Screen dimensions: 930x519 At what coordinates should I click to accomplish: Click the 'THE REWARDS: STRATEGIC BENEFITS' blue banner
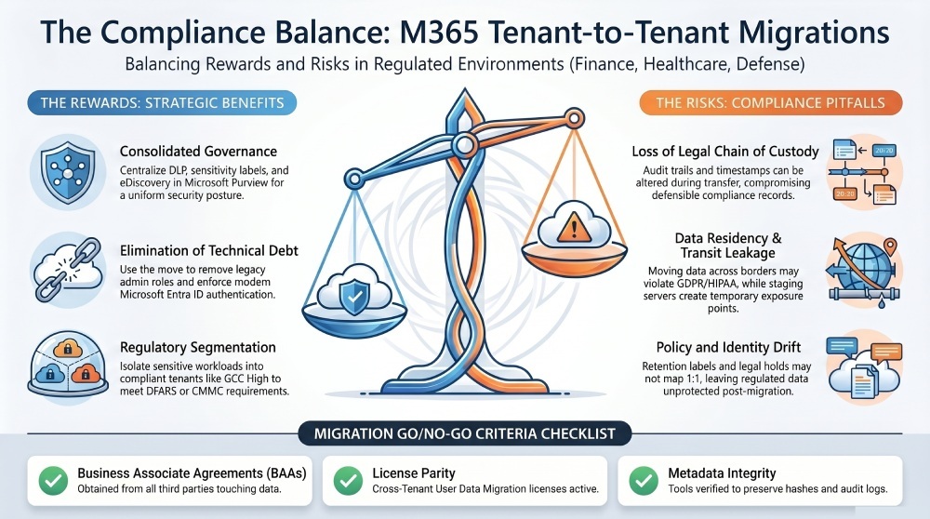[162, 102]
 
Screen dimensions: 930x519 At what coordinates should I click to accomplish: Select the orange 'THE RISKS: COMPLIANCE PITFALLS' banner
[770, 102]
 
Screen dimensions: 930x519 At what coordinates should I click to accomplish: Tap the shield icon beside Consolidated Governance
[68, 171]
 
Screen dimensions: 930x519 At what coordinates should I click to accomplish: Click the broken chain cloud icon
[68, 270]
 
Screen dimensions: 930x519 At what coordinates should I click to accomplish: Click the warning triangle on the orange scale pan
[573, 227]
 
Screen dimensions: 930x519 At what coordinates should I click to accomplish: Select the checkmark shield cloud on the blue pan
[354, 295]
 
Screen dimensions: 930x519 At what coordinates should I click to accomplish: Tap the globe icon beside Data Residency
[864, 271]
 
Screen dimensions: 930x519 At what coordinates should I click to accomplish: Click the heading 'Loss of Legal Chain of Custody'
[724, 152]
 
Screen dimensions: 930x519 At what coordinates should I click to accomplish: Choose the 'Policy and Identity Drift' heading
[728, 347]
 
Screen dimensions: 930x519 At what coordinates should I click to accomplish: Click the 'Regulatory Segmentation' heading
[197, 347]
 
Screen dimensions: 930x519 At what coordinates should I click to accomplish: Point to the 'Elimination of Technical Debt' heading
[208, 250]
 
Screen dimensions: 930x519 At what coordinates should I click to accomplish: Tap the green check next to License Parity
[348, 481]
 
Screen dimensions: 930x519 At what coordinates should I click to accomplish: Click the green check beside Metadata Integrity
[644, 481]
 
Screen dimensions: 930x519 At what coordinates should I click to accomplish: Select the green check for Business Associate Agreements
[53, 481]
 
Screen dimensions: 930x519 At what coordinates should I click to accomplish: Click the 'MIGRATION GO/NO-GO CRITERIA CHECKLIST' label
[464, 433]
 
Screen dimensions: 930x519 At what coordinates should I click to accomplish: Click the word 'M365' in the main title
[439, 33]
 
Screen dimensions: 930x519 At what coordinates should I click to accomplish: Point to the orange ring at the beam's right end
[574, 119]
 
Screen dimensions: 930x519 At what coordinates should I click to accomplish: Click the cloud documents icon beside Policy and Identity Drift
[864, 367]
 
